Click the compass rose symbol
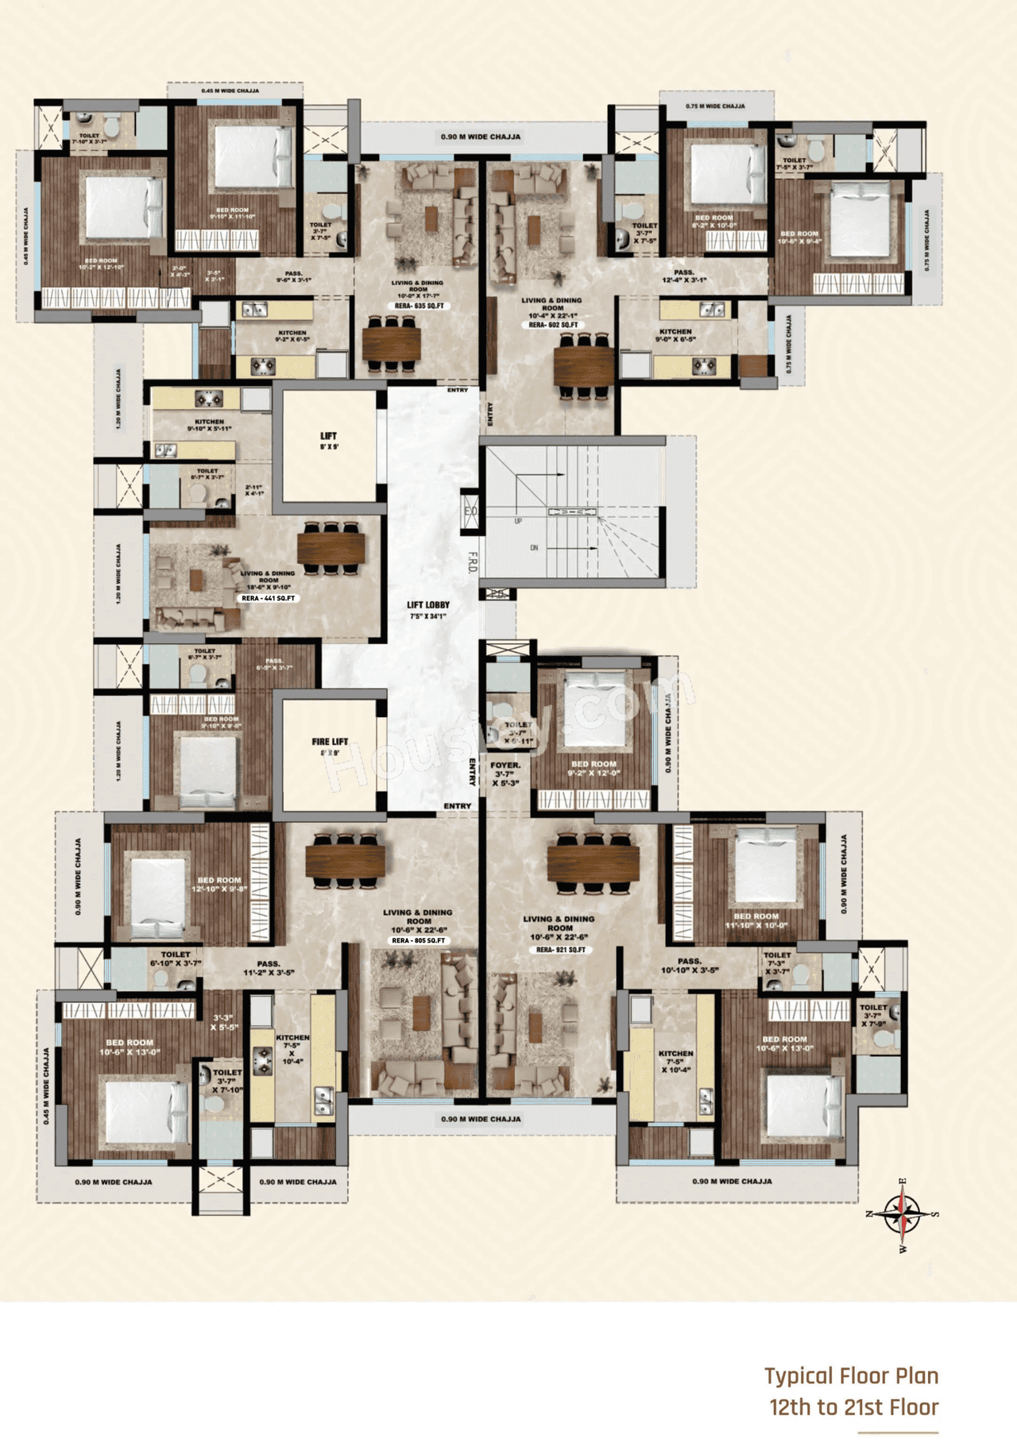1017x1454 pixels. [x=903, y=1214]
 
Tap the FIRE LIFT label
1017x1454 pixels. [x=330, y=742]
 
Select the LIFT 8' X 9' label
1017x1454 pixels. [x=329, y=440]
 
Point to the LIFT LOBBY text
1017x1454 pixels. [x=428, y=605]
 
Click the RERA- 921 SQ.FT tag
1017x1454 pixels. [x=560, y=950]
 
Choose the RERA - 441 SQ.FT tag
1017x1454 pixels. [x=269, y=598]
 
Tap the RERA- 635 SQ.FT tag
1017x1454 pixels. [x=419, y=306]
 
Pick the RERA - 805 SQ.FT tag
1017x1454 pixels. [x=419, y=941]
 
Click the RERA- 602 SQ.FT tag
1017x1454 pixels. [x=553, y=325]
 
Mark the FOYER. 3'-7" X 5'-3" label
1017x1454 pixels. [x=505, y=773]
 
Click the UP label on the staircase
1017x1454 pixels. [x=518, y=521]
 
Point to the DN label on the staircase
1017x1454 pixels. [x=534, y=548]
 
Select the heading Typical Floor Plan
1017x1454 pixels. [x=851, y=1376]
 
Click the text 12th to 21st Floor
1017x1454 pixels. [x=853, y=1408]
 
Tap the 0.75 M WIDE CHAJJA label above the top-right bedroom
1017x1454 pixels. [x=715, y=106]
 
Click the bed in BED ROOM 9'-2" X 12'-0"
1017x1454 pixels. [x=593, y=709]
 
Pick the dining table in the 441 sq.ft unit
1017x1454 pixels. [x=331, y=547]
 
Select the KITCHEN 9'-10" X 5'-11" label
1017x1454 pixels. [x=210, y=425]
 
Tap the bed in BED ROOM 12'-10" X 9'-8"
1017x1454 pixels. [x=158, y=889]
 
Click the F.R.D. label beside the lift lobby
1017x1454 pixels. [x=472, y=563]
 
